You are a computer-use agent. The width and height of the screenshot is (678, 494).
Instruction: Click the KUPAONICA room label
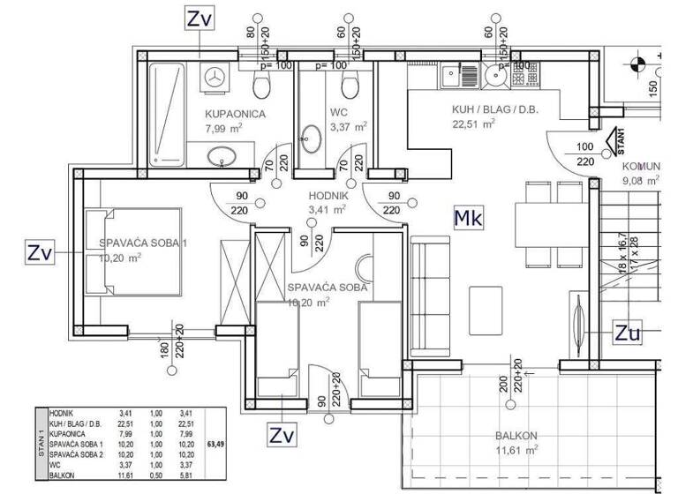pyautogui.click(x=235, y=114)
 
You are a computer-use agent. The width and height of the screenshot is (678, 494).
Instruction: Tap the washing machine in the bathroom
pyautogui.click(x=214, y=76)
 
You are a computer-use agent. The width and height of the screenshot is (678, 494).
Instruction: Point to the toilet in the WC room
pyautogui.click(x=350, y=86)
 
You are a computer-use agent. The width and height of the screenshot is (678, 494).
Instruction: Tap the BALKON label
pyautogui.click(x=516, y=436)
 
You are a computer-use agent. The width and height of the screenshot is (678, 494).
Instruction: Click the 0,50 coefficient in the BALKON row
pyautogui.click(x=156, y=474)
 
